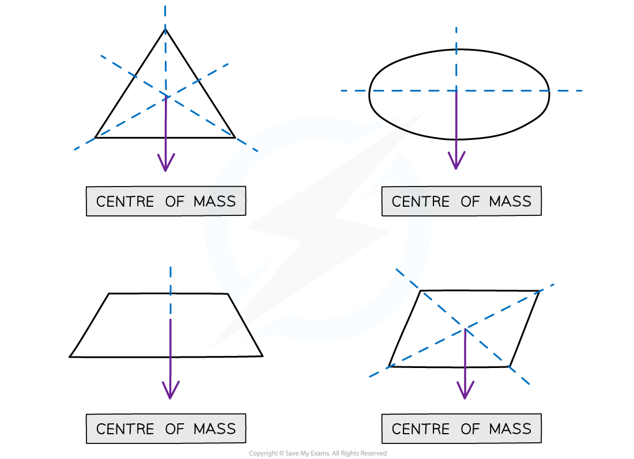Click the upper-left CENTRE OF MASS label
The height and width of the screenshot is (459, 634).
point(166,201)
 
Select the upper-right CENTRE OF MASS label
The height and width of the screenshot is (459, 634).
point(461,201)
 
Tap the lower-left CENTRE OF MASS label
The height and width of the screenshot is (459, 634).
point(166,428)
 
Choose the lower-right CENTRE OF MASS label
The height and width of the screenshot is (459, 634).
point(461,428)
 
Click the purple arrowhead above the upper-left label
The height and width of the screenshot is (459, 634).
point(166,164)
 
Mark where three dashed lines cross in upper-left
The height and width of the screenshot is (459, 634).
point(166,96)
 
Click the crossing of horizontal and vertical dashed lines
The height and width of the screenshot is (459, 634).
point(456,90)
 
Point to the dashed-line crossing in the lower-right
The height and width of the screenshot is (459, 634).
point(465,328)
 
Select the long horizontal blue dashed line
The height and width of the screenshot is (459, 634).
point(519,90)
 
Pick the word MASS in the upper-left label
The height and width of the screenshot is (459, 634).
point(214,202)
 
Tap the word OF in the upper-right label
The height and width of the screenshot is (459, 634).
point(470,202)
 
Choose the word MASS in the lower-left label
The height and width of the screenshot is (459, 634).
point(214,429)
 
